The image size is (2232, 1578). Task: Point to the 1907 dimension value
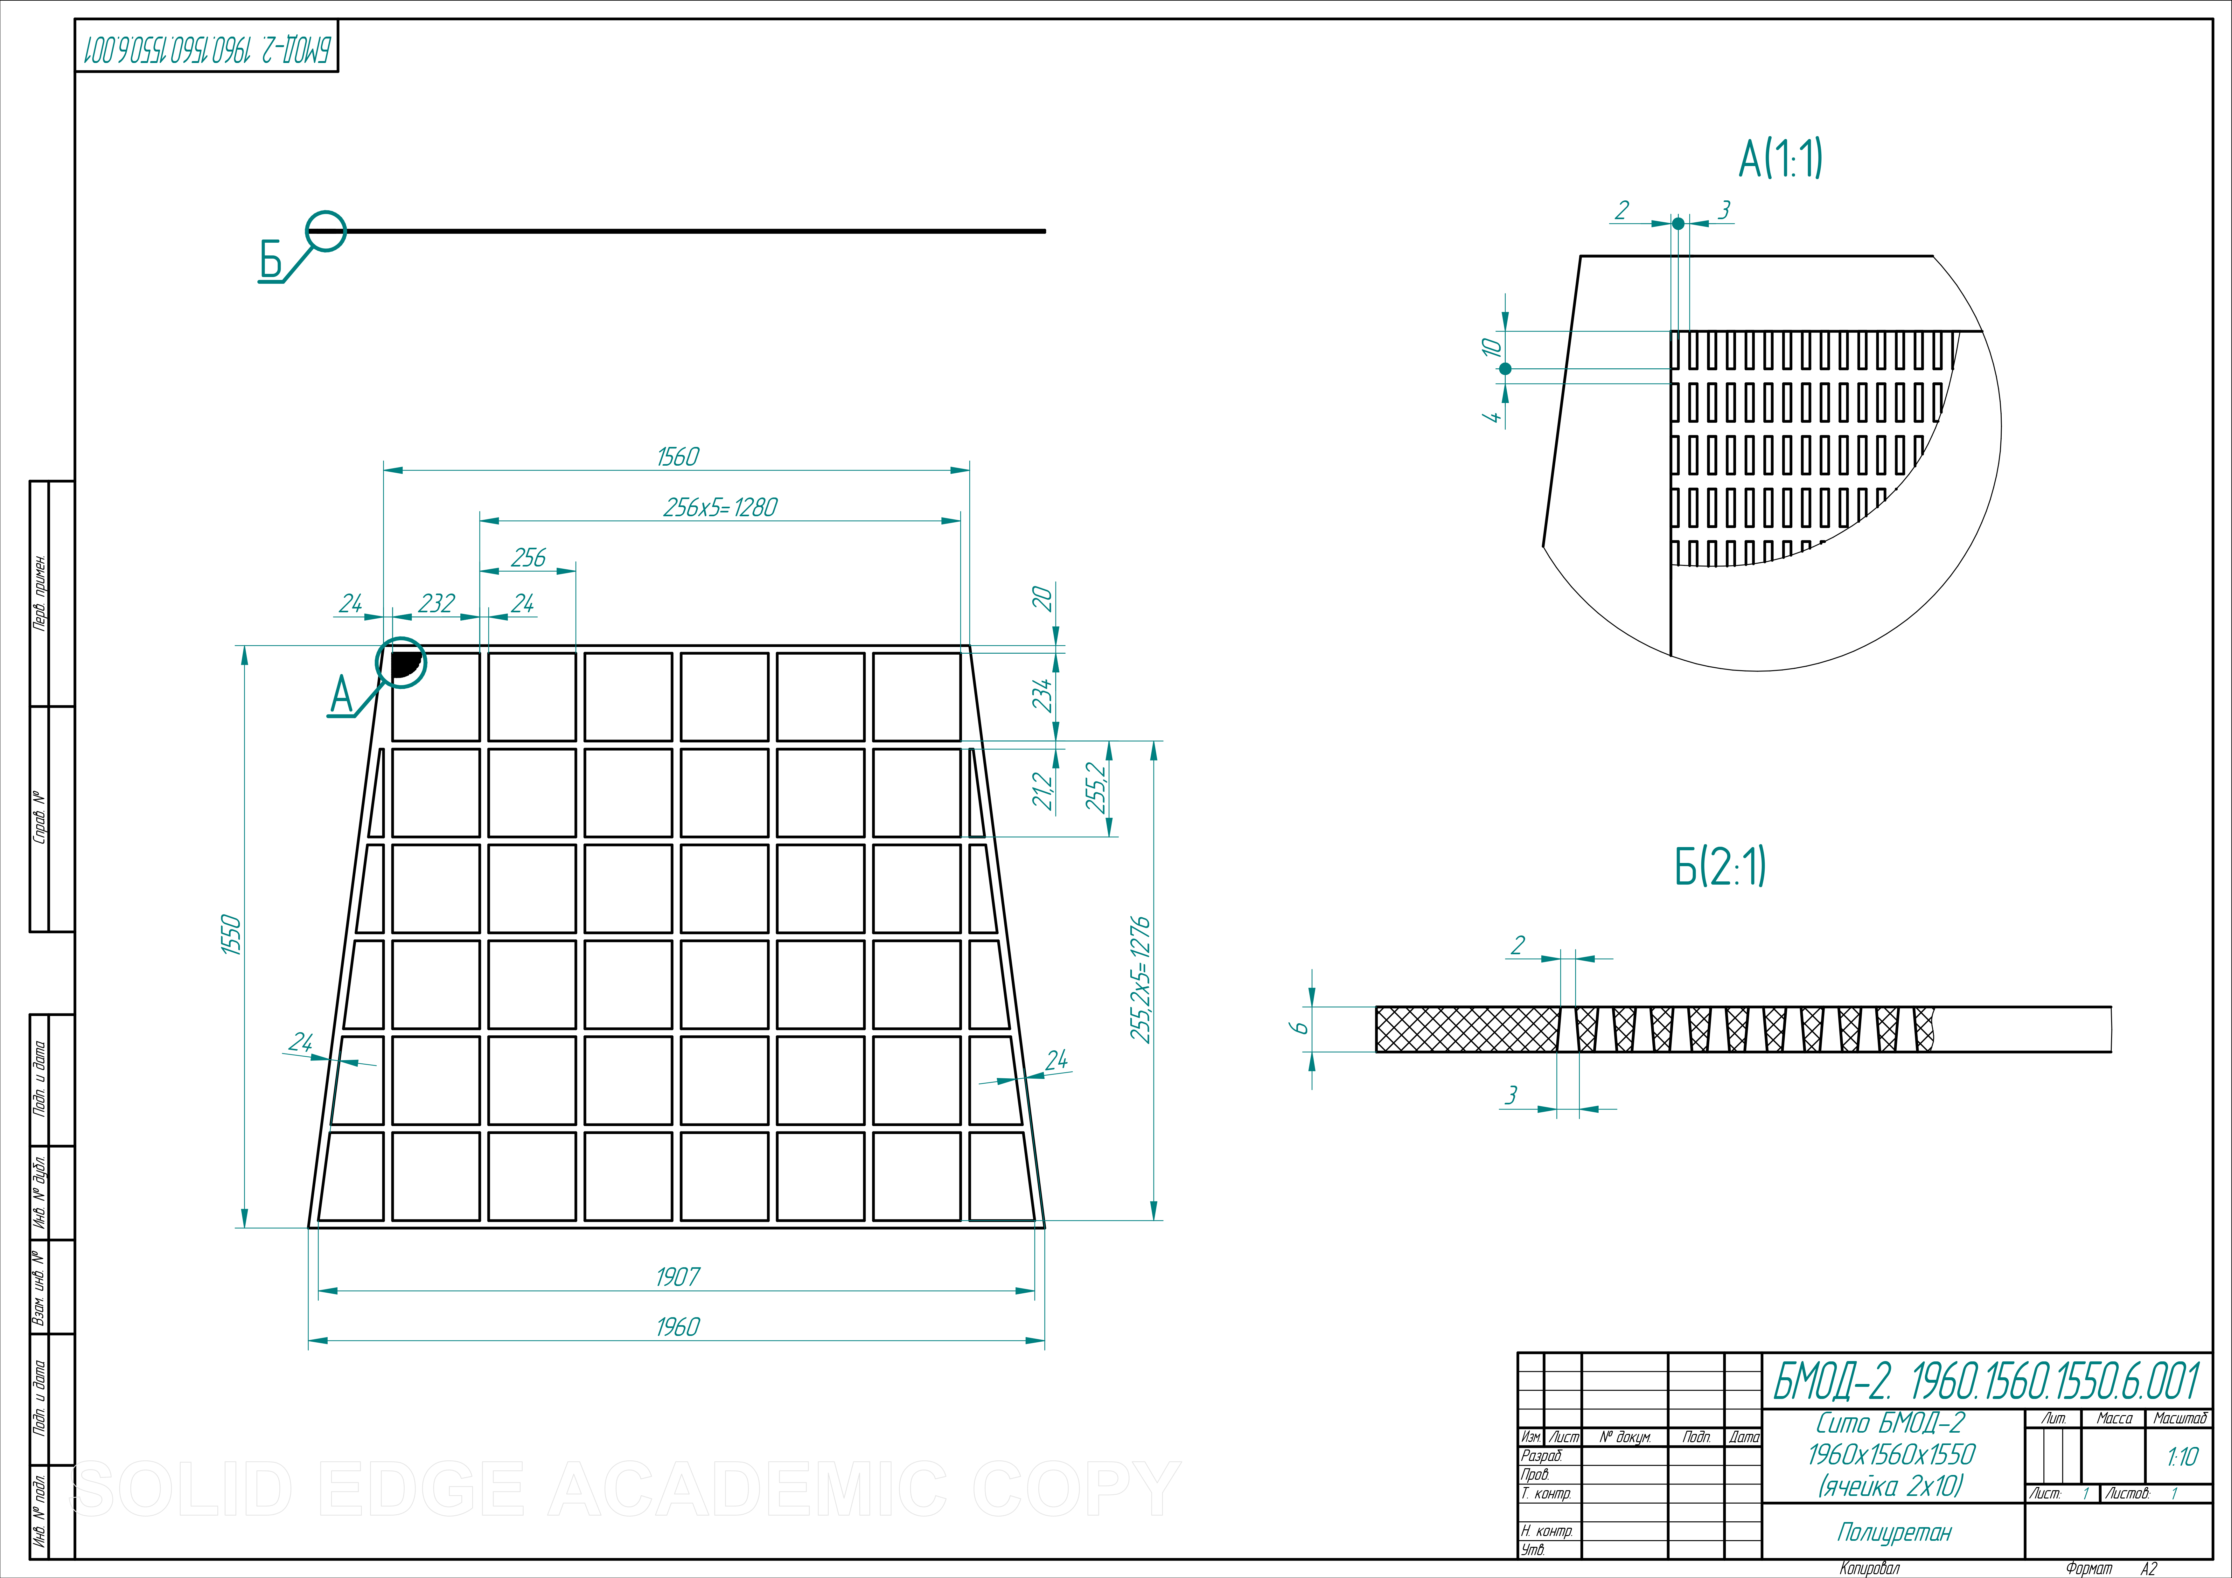coord(678,1276)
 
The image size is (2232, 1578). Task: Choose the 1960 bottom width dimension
coord(678,1327)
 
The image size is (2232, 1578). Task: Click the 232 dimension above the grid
coord(436,604)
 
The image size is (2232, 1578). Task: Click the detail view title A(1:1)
coord(1781,158)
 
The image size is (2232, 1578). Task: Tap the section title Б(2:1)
coord(1720,866)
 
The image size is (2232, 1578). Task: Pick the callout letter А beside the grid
coord(341,696)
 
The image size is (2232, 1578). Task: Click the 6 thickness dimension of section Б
coord(1300,1028)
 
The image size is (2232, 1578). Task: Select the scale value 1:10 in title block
coord(2182,1456)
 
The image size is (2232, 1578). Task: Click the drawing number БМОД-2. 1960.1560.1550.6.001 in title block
coord(1987,1380)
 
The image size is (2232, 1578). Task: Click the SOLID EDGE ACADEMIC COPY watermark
coord(627,1489)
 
